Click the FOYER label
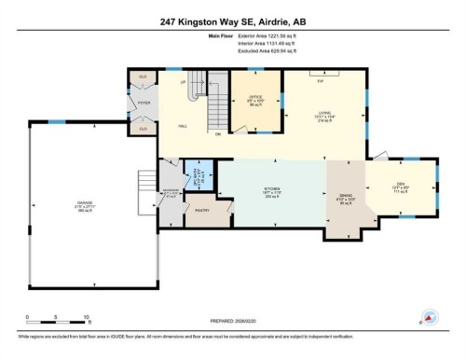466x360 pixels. click(x=144, y=104)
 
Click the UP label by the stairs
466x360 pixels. click(x=183, y=82)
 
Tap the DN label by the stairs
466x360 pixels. click(x=218, y=134)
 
